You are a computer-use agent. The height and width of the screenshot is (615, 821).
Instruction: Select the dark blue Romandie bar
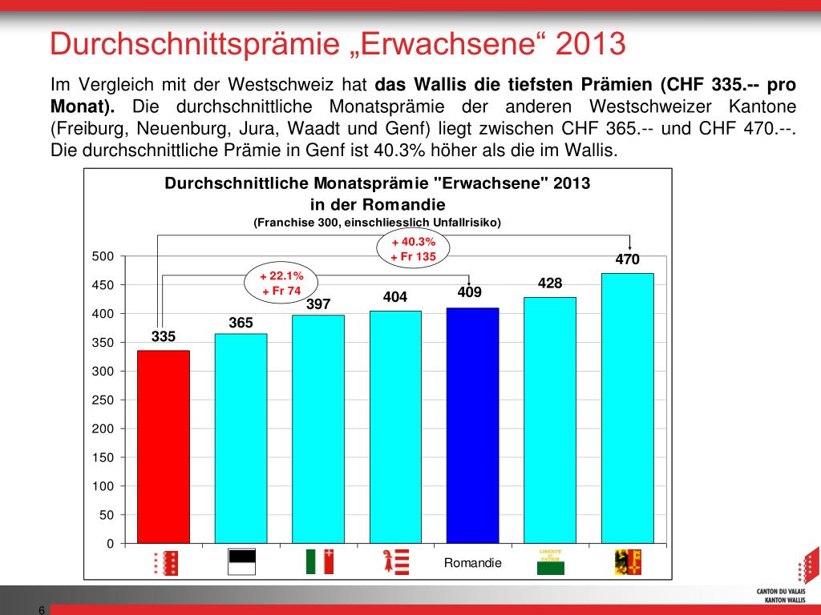(x=472, y=425)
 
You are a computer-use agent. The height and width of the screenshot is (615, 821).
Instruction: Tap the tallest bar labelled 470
(x=627, y=408)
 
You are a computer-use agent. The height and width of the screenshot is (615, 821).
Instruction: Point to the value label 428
(x=550, y=283)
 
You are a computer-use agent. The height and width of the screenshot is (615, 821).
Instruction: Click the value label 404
(x=395, y=297)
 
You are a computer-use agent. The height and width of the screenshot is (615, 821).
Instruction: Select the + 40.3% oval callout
(x=413, y=249)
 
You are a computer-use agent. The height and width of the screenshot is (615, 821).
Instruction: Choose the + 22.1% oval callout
(x=281, y=283)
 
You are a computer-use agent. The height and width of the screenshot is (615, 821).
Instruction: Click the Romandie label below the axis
(x=472, y=563)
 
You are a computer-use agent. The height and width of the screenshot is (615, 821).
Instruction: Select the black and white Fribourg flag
(x=242, y=562)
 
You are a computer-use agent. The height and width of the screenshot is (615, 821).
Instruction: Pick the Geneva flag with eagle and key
(x=628, y=562)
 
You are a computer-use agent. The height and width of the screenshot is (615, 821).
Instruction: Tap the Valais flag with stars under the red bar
(x=165, y=563)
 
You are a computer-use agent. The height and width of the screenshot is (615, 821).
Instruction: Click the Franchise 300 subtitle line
(x=377, y=222)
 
